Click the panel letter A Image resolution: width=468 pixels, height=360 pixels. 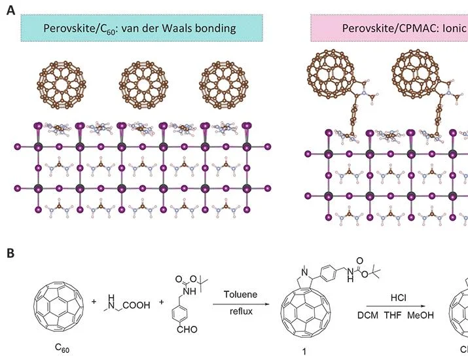point(10,10)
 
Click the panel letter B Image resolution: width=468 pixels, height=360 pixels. point(10,253)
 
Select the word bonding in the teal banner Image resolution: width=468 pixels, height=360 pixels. point(215,29)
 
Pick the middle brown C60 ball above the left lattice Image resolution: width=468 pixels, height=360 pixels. point(143,85)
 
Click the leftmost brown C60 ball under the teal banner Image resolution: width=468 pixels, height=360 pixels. point(62,85)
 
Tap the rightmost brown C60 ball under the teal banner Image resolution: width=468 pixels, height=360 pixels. point(224,85)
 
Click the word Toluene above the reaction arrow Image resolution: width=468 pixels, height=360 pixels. point(241,295)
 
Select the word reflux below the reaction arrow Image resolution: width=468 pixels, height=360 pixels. point(241,312)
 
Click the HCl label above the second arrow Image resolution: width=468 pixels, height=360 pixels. point(399,298)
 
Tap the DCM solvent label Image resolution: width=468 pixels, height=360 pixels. point(368,315)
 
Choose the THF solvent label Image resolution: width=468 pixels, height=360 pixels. point(393,315)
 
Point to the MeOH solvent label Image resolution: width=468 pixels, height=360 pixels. point(420,315)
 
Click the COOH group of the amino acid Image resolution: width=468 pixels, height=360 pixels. point(136,305)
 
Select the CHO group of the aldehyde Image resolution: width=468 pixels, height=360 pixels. point(187,329)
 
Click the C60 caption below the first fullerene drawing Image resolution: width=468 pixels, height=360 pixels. point(62,348)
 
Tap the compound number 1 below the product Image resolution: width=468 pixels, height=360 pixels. point(304,351)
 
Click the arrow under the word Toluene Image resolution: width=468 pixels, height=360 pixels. point(241,304)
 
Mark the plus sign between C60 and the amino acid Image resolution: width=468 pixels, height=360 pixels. point(94,302)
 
